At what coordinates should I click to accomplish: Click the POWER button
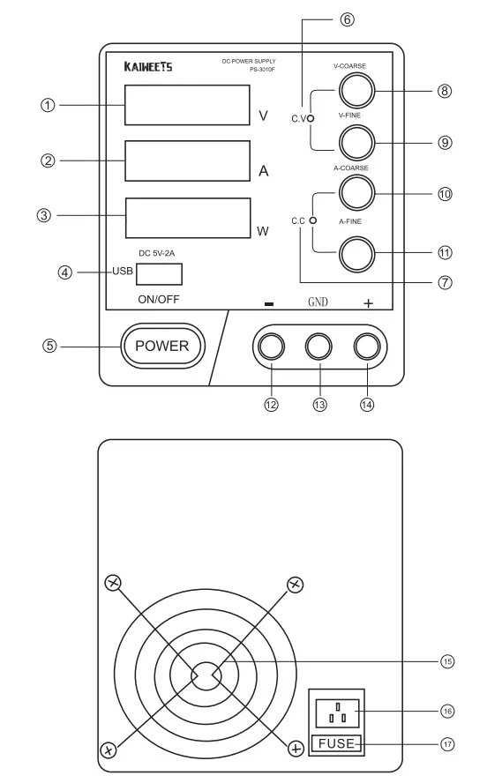tap(161, 346)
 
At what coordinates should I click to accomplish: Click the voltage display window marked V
tap(184, 105)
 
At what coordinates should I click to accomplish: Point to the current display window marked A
tap(184, 160)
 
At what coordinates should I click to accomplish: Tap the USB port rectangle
tap(159, 272)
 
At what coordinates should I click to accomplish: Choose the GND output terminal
tap(318, 346)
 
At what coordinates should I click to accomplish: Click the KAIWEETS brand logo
tap(143, 67)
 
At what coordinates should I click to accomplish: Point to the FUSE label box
tap(334, 744)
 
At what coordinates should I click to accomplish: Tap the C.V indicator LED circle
tap(311, 115)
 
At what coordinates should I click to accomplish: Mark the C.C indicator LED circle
tap(312, 220)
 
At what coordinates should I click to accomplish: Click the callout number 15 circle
tap(447, 661)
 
